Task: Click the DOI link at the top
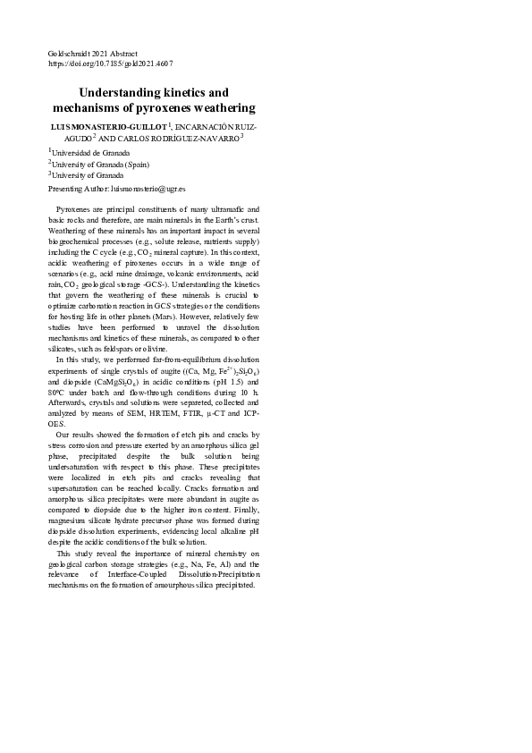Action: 110,64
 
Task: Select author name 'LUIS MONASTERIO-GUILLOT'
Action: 108,128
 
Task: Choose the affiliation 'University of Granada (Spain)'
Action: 100,165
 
